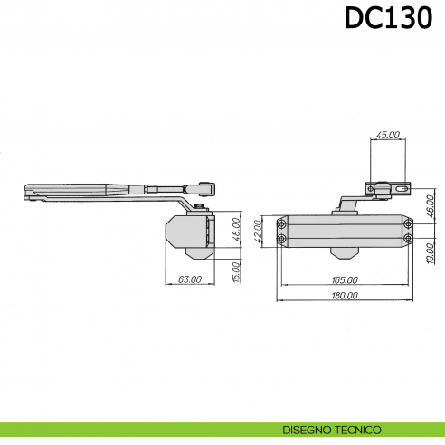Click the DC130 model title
[387, 19]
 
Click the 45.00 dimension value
[388, 135]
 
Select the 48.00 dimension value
[237, 232]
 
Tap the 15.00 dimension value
[237, 269]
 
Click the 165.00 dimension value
[345, 280]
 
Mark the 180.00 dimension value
[345, 296]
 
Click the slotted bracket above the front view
[388, 191]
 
